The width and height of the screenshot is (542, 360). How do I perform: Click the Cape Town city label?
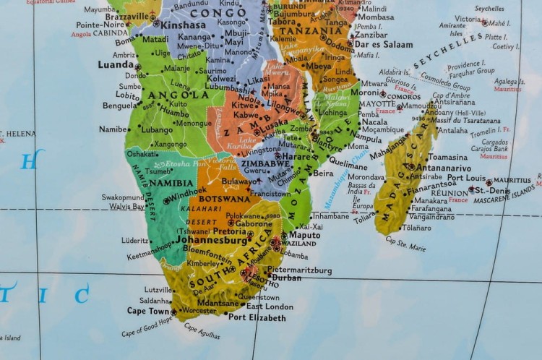(x=147, y=311)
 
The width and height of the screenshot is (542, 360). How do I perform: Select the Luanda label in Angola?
(x=115, y=64)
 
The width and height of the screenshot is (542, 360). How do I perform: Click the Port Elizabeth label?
(x=257, y=317)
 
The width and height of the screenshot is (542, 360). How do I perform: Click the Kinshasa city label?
(x=183, y=25)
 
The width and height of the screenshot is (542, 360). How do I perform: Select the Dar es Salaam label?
(x=383, y=44)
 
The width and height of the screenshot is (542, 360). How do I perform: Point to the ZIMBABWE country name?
(x=265, y=164)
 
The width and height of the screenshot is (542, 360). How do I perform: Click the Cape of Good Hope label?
(x=147, y=327)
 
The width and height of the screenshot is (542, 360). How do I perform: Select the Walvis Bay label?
(x=126, y=207)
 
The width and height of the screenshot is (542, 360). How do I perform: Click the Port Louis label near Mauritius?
(x=465, y=178)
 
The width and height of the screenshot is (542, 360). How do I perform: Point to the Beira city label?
(x=323, y=173)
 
